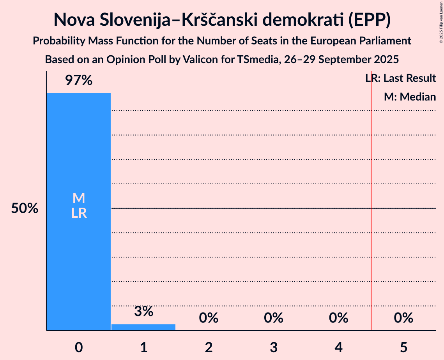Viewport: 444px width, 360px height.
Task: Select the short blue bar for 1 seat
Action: click(143, 327)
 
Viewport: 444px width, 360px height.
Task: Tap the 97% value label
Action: click(78, 81)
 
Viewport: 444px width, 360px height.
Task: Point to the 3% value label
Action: click(143, 311)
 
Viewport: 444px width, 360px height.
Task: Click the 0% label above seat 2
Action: click(209, 318)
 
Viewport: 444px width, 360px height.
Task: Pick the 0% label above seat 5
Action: click(403, 318)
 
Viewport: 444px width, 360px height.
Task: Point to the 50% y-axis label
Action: click(25, 208)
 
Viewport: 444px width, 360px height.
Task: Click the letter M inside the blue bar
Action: click(79, 198)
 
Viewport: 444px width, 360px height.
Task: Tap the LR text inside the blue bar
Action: click(79, 213)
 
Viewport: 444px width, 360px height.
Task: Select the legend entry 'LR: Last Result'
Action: click(401, 78)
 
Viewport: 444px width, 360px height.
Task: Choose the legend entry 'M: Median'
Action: click(410, 97)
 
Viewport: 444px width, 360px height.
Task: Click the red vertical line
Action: click(371, 234)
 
